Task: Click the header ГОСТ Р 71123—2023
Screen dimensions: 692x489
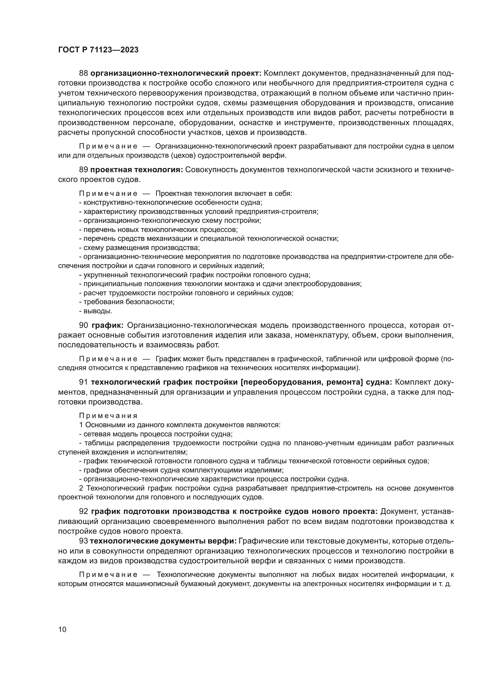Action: pyautogui.click(x=98, y=50)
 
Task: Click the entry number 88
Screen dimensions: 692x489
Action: pyautogui.click(x=83, y=73)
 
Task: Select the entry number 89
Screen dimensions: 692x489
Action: pyautogui.click(x=83, y=170)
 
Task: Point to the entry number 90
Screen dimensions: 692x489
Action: pyautogui.click(x=84, y=325)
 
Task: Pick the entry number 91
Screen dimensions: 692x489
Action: pyautogui.click(x=83, y=382)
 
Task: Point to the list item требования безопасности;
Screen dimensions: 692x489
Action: pyautogui.click(x=127, y=302)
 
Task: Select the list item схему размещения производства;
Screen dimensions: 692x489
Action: pyautogui.click(x=140, y=248)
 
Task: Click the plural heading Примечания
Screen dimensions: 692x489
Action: pyautogui.click(x=108, y=416)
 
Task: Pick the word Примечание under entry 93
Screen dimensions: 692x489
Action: pyautogui.click(x=108, y=575)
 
